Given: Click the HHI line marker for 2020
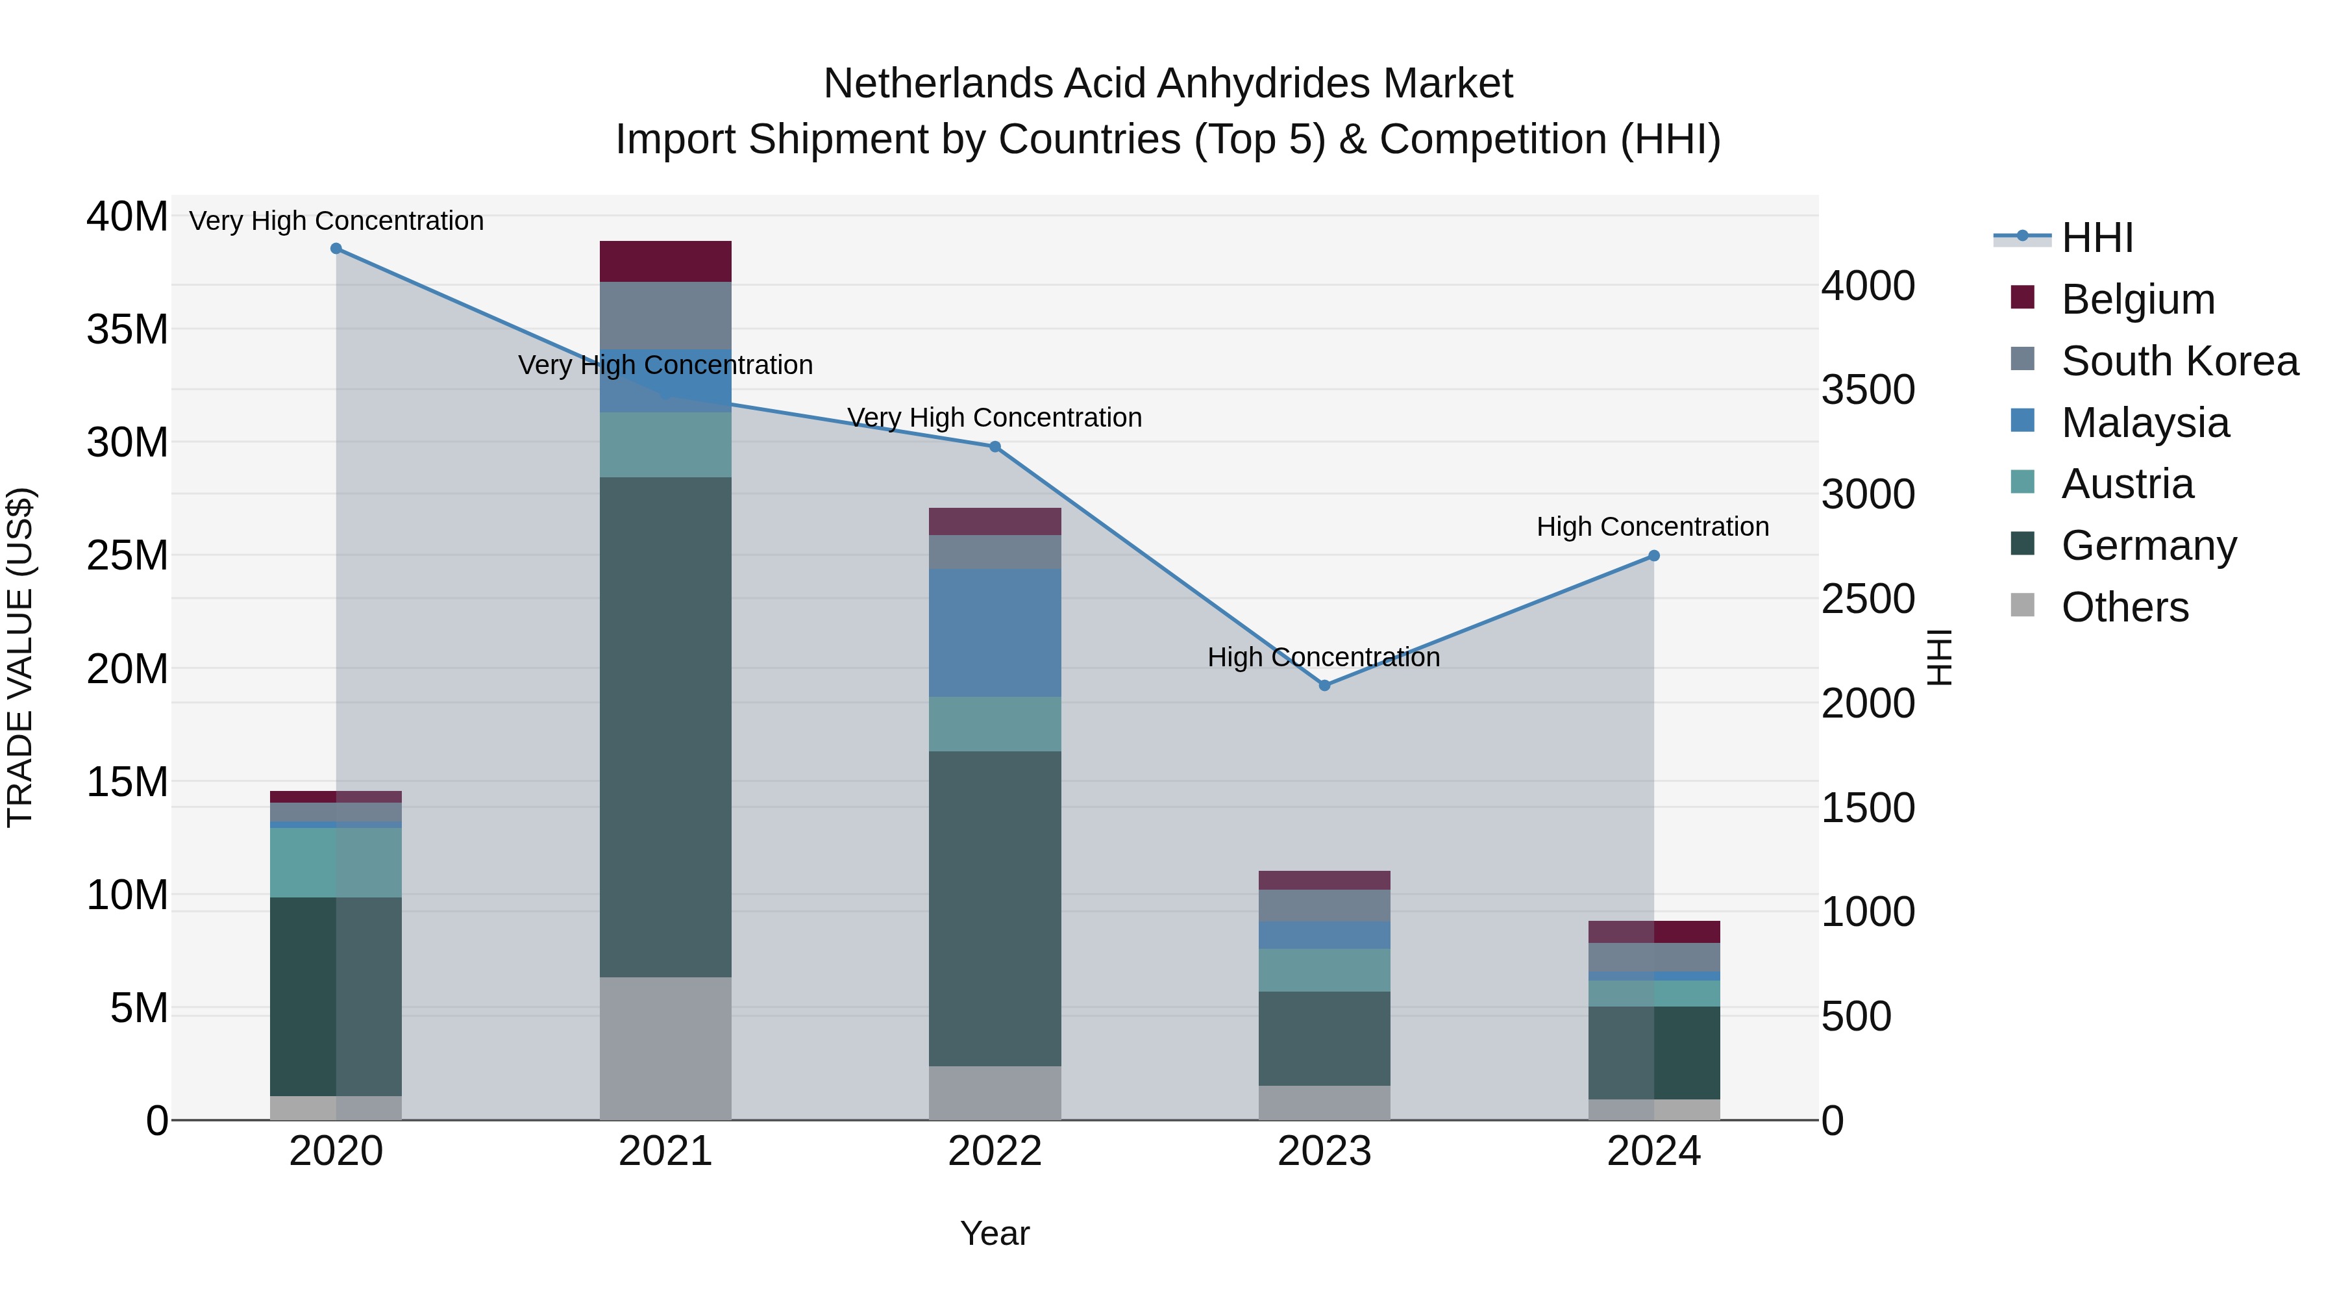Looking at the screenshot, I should point(336,249).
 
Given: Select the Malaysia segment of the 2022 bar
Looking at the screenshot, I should point(995,632).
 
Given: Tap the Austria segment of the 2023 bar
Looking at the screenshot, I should point(1324,970).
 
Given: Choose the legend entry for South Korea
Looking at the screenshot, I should point(2179,361).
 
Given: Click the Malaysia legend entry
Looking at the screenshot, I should point(2145,423).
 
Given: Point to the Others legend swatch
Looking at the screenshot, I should point(2022,605).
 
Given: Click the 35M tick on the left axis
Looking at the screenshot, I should point(127,329).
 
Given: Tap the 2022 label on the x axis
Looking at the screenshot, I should point(995,1151).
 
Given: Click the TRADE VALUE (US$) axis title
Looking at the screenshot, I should point(20,657).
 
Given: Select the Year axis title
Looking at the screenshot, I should point(995,1233).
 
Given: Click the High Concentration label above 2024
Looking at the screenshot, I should point(1652,527).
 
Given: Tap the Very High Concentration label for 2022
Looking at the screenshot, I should point(995,418).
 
